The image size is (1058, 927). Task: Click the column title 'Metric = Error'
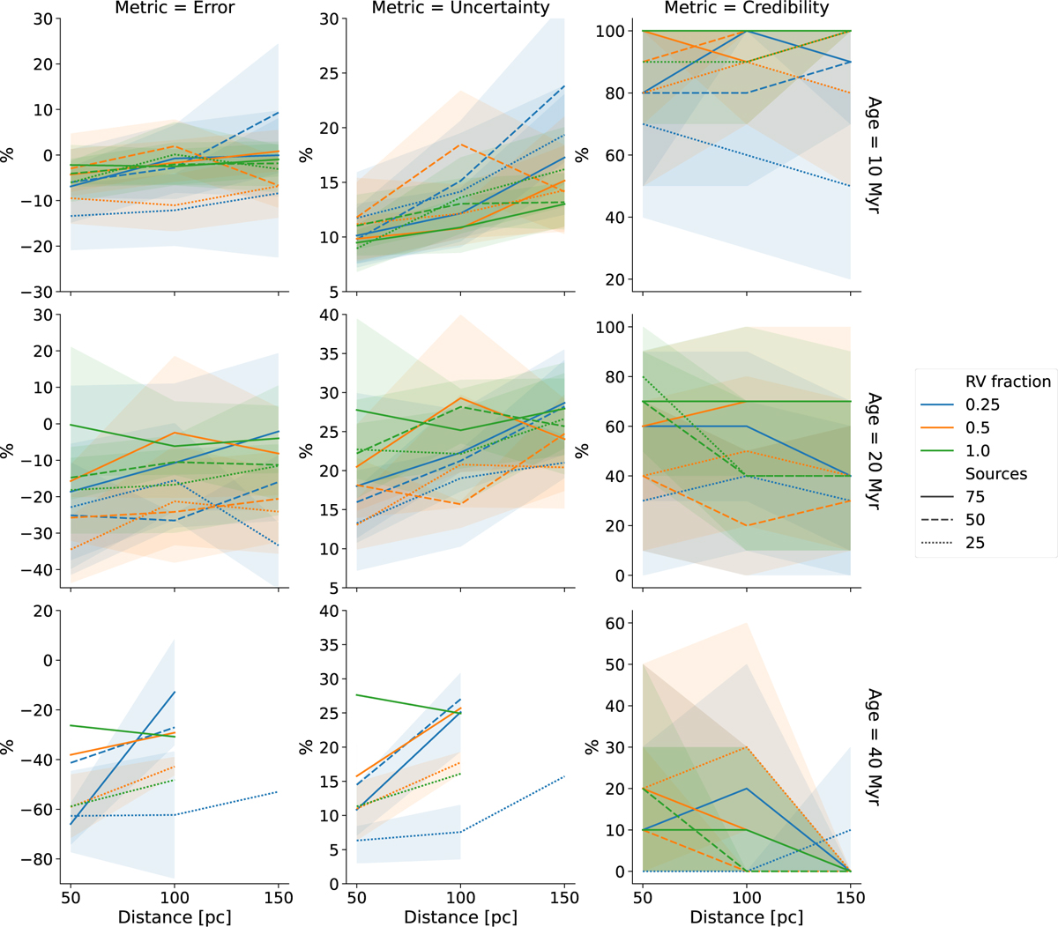click(175, 9)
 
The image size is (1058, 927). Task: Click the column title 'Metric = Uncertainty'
click(460, 9)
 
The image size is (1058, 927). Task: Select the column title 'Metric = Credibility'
click(746, 9)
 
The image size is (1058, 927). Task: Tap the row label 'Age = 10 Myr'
click(874, 155)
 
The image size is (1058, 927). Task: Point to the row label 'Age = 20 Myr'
click(874, 451)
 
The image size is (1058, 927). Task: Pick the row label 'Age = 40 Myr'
click(874, 747)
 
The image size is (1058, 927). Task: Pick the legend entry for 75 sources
click(975, 497)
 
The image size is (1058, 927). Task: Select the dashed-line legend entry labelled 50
click(975, 520)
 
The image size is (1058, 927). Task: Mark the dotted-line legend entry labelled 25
click(975, 543)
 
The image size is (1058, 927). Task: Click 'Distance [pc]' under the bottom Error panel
click(175, 917)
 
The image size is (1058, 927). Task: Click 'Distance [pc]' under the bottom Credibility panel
click(746, 917)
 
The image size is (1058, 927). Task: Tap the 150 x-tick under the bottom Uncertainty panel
click(564, 898)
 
